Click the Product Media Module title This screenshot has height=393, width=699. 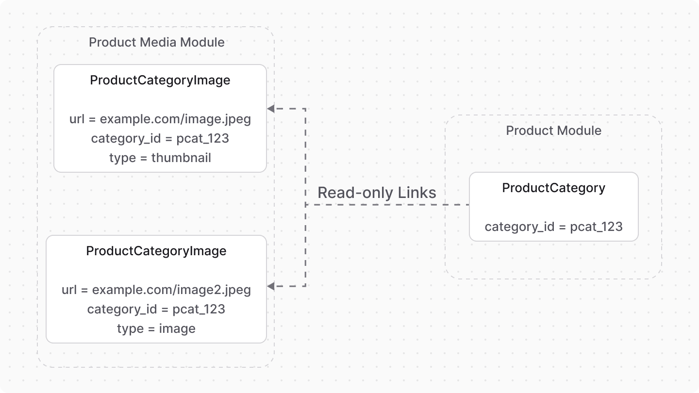click(x=157, y=42)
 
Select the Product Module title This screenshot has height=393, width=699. click(x=553, y=131)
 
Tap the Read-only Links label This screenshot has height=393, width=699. click(x=377, y=193)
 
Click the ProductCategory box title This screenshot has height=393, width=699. click(x=553, y=188)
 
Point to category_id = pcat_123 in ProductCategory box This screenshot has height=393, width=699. click(x=553, y=227)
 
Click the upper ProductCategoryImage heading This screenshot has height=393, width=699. click(x=160, y=80)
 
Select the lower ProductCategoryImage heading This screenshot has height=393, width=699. click(x=156, y=251)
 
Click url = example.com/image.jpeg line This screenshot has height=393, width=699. click(x=160, y=119)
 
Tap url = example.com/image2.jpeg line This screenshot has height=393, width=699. click(x=156, y=290)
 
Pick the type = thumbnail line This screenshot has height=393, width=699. click(x=160, y=158)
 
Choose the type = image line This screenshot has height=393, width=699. click(x=156, y=328)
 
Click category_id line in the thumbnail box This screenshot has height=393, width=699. click(x=160, y=138)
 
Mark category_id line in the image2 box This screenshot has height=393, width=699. click(x=156, y=309)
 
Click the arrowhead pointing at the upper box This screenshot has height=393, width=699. click(x=271, y=109)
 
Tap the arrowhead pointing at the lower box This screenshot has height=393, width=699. click(x=271, y=286)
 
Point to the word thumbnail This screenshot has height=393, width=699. click(x=181, y=158)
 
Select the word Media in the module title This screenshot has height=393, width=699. click(x=158, y=42)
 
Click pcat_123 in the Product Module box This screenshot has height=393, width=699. click(x=596, y=227)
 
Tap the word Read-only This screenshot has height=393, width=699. click(x=355, y=193)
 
